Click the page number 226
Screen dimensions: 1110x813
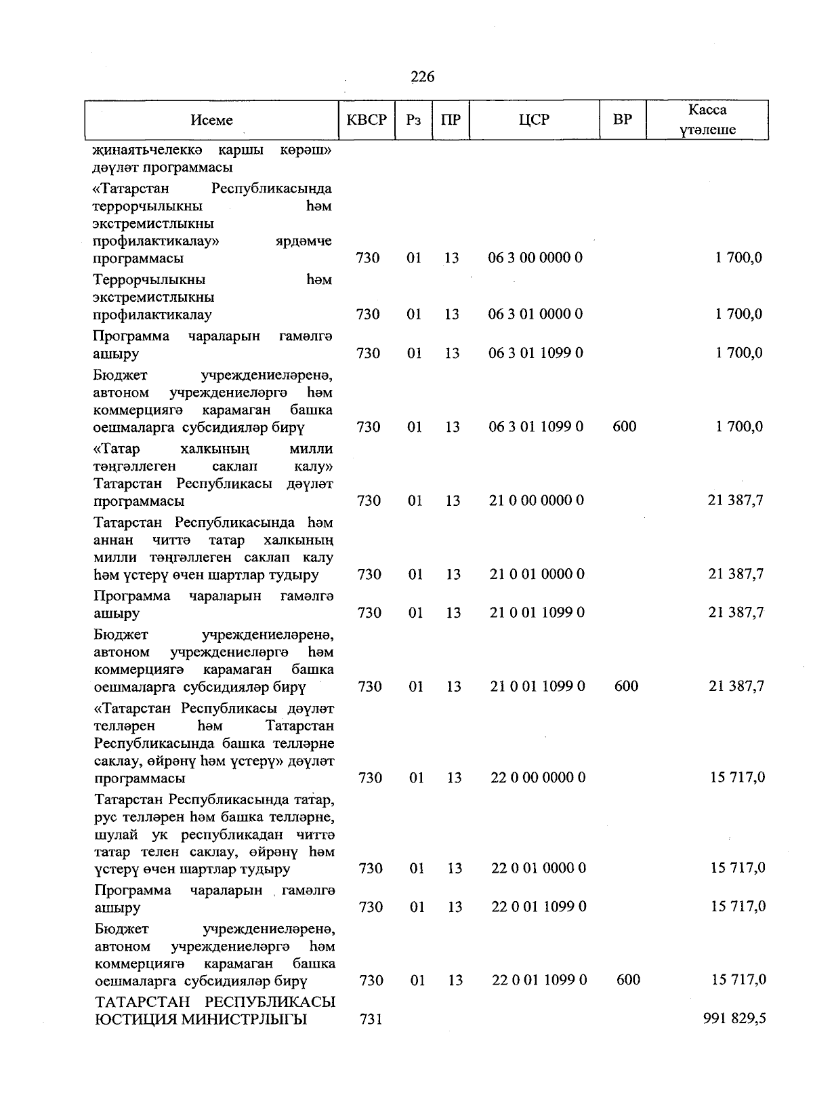coord(423,77)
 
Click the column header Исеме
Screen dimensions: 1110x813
coord(211,120)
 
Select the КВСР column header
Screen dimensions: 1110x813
coord(367,120)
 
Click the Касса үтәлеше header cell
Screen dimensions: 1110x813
coord(707,120)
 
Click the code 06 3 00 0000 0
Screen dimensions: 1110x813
coord(535,258)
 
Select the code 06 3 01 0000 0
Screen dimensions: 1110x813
coord(535,315)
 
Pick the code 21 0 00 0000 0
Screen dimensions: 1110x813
coord(536,501)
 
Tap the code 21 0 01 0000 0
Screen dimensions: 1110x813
coord(537,574)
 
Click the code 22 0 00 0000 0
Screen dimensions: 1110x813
coord(537,778)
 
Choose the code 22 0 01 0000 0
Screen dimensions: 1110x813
coord(538,869)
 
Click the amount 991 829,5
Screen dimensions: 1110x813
coord(734,1019)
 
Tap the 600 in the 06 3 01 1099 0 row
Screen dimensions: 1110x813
coord(624,427)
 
